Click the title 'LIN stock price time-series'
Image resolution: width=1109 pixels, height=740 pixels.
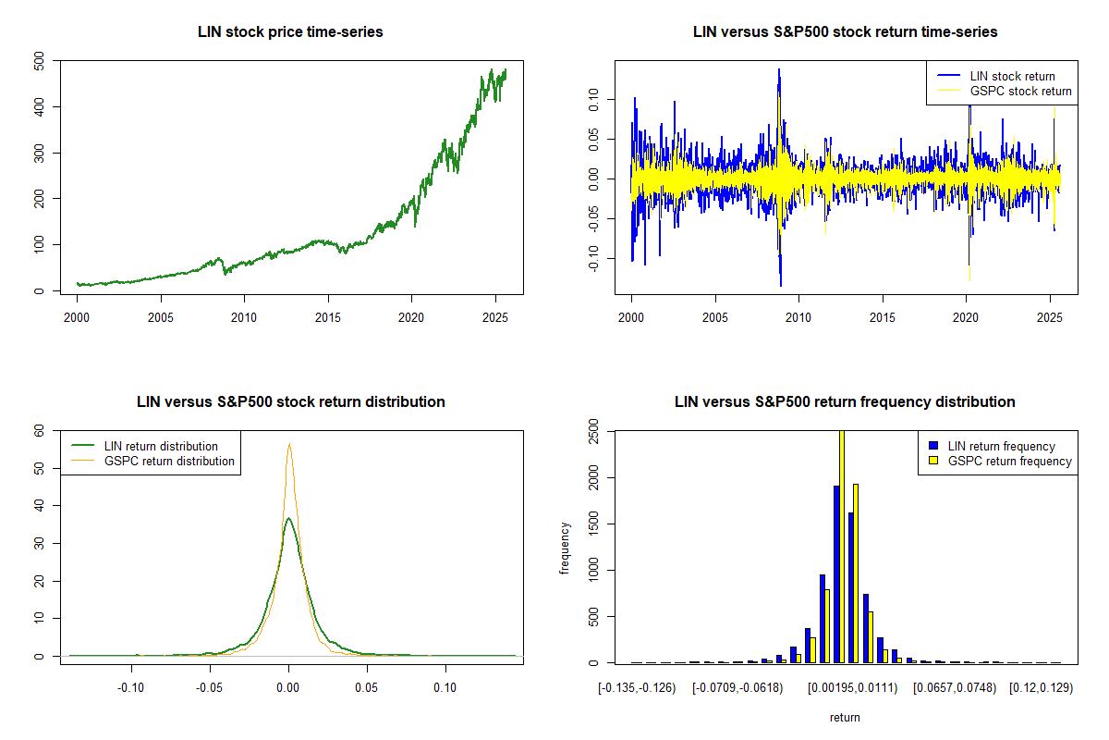coord(290,32)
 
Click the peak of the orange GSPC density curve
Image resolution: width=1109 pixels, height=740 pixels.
coord(289,444)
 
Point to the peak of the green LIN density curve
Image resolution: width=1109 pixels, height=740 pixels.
coord(288,518)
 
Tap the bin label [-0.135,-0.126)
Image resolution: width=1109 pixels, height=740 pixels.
coord(638,688)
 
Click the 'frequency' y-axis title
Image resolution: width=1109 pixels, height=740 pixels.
coord(566,548)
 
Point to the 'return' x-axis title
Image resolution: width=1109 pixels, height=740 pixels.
coord(845,717)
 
